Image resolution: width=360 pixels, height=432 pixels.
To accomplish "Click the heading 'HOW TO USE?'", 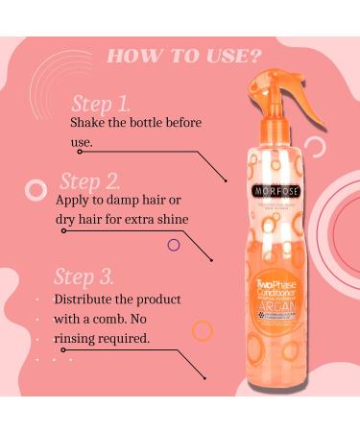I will tap(180, 55).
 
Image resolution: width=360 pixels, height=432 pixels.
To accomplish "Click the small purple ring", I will tap(174, 245).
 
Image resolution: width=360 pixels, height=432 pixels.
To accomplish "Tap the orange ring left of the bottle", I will tap(202, 331).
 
